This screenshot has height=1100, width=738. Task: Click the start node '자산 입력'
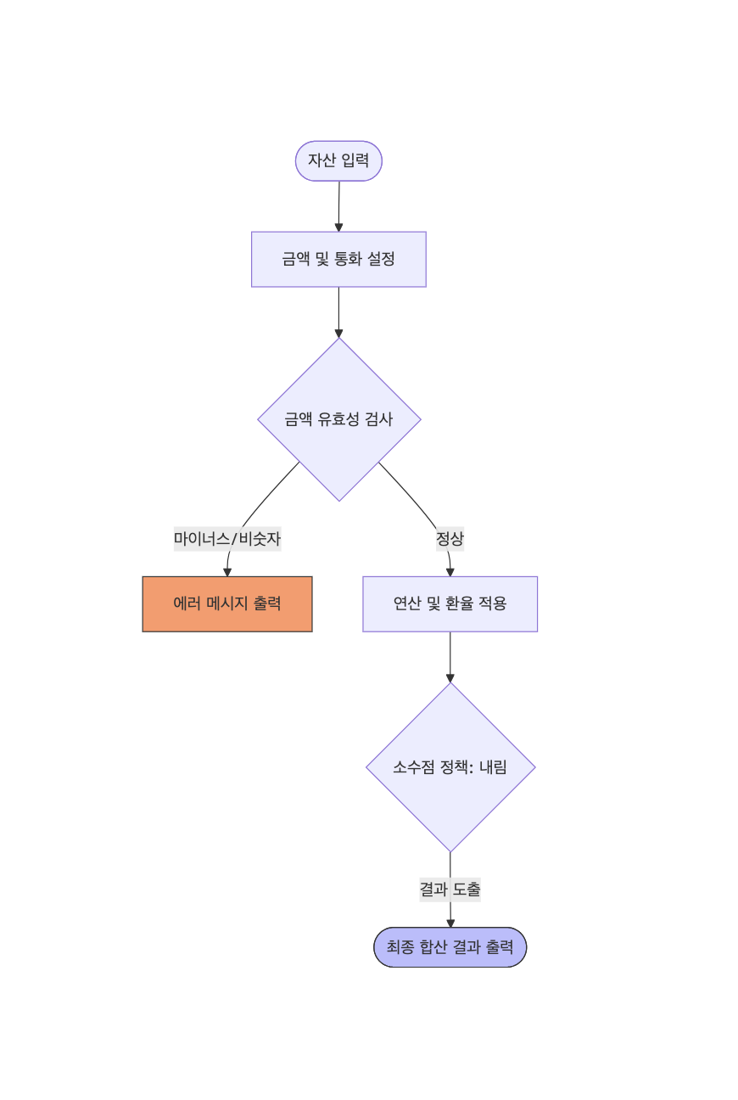(x=338, y=160)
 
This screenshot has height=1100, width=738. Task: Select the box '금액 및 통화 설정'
(x=338, y=259)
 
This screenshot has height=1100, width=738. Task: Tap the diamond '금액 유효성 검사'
(x=339, y=419)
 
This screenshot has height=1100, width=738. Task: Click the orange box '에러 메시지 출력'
(x=227, y=603)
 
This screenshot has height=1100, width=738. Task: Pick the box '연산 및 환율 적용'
(x=450, y=603)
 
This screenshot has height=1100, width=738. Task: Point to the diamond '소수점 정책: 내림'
(x=450, y=767)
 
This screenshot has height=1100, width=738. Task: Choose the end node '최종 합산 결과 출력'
(x=450, y=946)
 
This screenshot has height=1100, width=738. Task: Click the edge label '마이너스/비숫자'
(x=227, y=539)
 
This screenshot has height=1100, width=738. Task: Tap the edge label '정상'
(x=450, y=539)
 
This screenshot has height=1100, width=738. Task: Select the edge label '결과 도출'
(x=450, y=889)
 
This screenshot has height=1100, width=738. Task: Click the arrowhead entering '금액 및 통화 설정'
(x=338, y=227)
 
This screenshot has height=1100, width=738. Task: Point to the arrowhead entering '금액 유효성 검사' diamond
(x=338, y=334)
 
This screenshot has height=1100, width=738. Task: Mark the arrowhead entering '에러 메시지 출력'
(x=227, y=573)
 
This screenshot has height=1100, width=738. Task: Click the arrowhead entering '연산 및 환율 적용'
(x=450, y=573)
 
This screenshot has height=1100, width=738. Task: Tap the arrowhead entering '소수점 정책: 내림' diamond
(x=450, y=679)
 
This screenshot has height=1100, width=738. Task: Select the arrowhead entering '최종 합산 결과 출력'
(x=450, y=923)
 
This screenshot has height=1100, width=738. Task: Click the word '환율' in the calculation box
(x=459, y=603)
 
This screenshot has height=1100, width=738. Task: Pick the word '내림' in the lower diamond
(x=493, y=767)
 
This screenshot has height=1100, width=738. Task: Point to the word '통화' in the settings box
(x=348, y=259)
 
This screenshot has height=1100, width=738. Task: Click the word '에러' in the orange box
(x=187, y=603)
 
